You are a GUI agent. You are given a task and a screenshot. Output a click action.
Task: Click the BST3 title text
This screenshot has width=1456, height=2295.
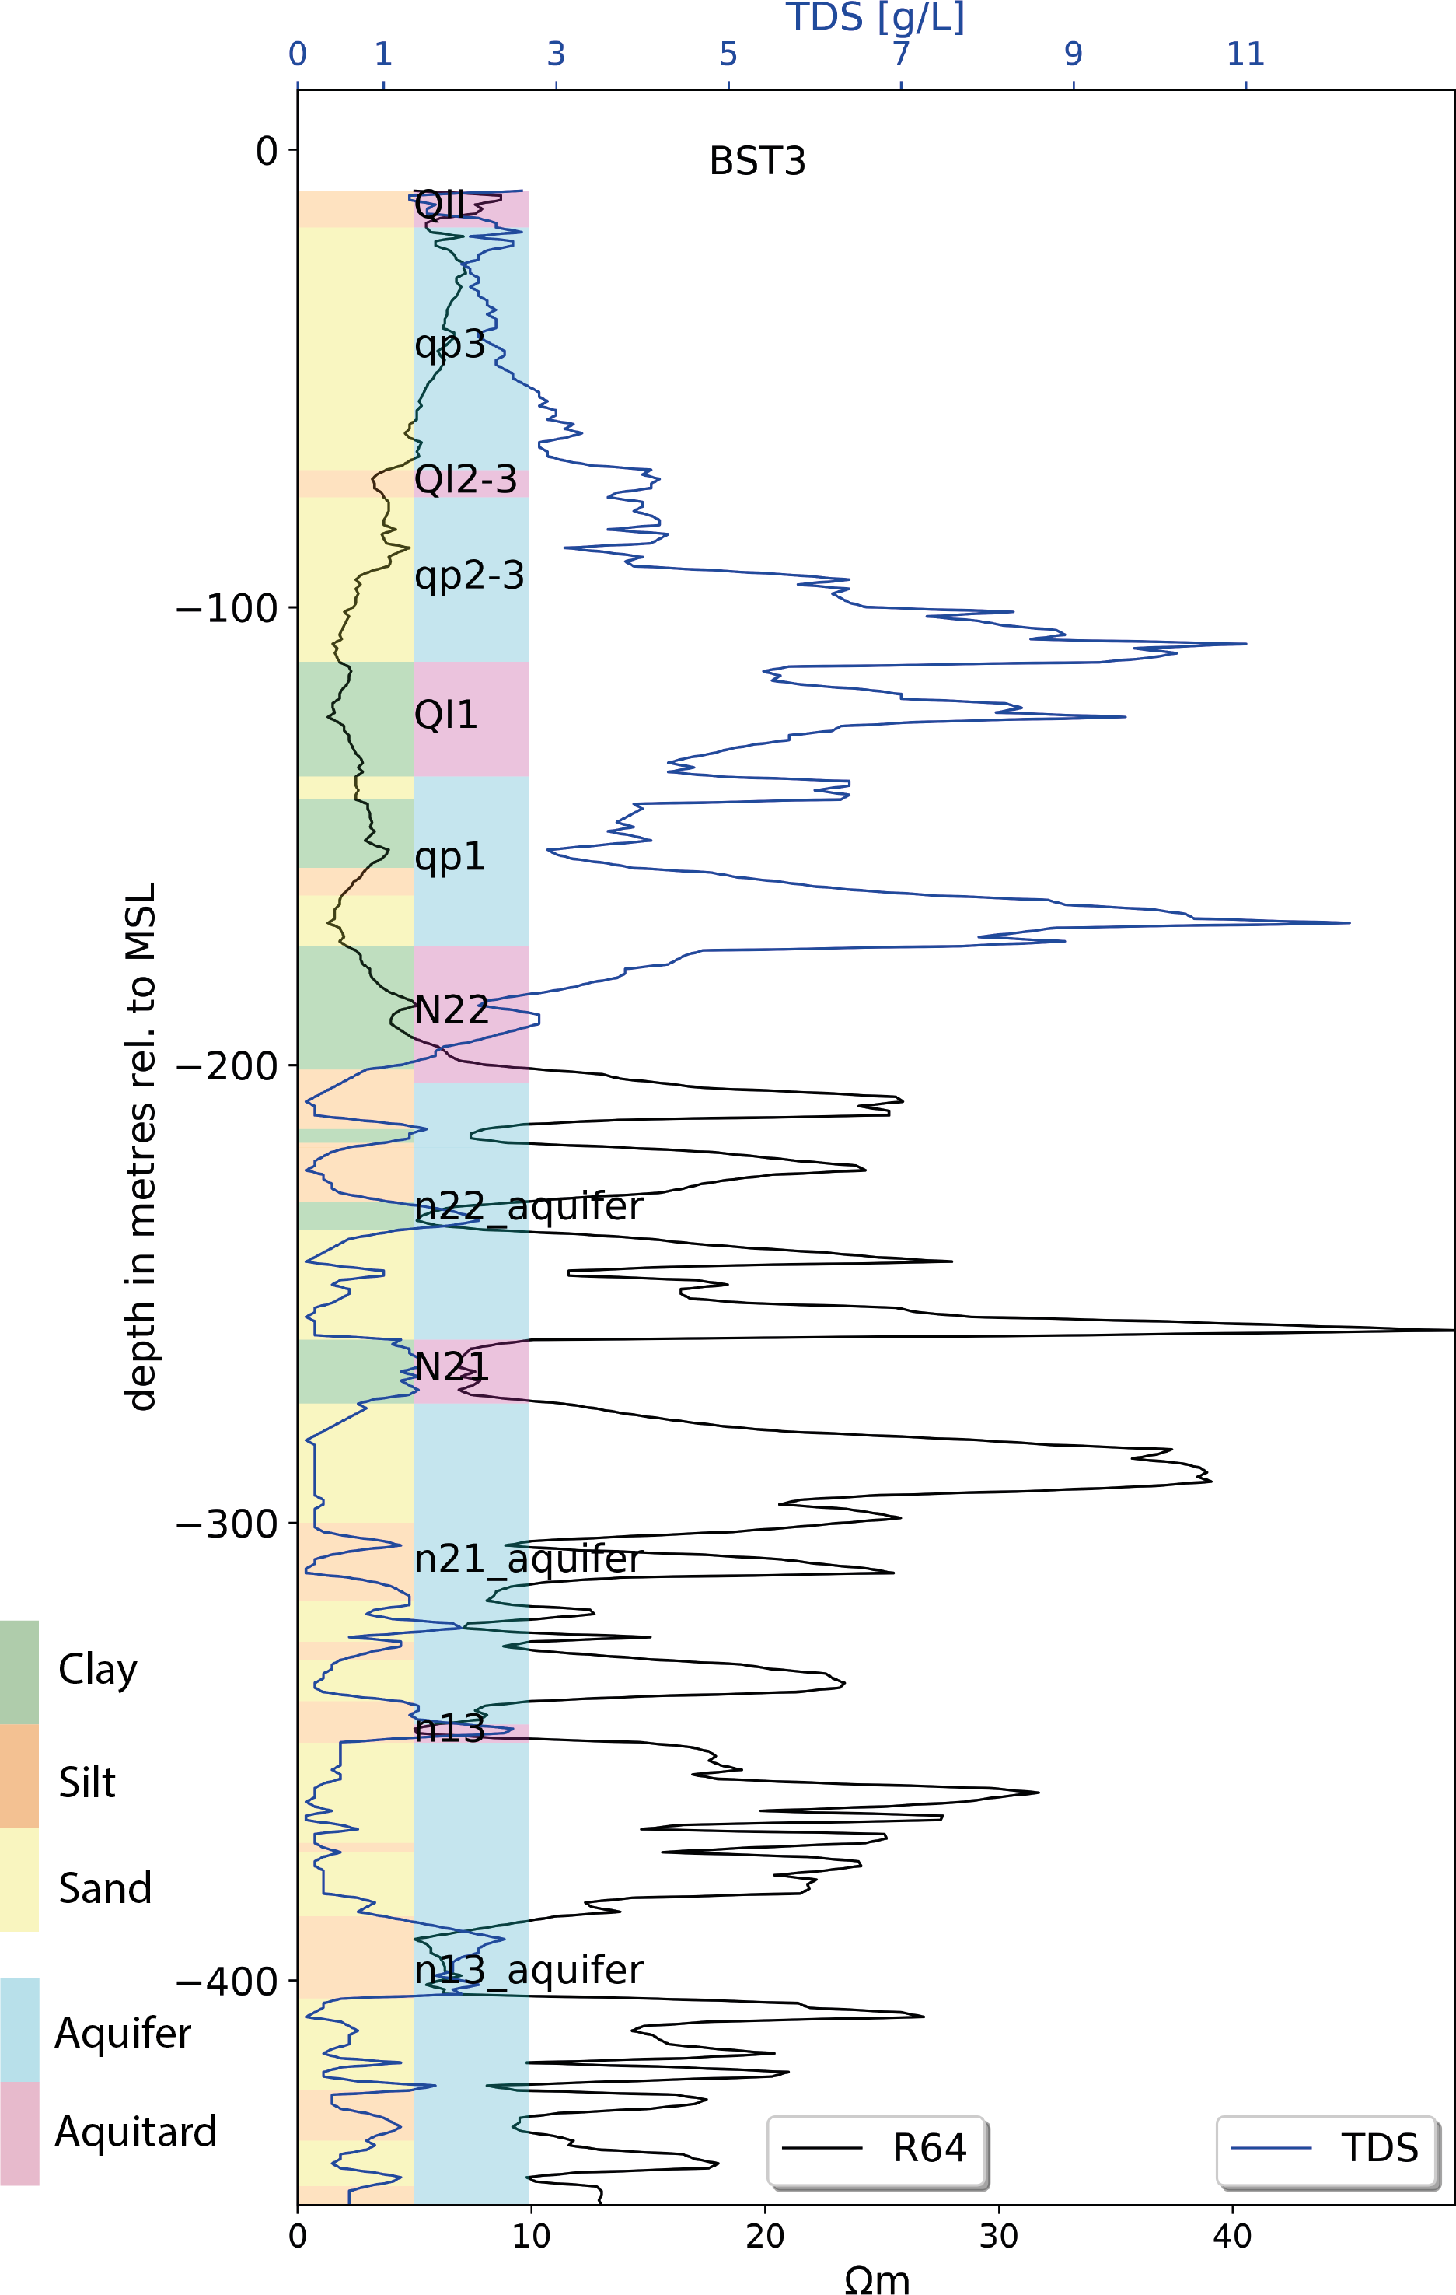[x=756, y=161]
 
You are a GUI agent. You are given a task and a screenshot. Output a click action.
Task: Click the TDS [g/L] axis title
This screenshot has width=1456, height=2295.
[x=875, y=17]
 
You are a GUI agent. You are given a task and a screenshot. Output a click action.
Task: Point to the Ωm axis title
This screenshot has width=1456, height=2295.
[x=877, y=2279]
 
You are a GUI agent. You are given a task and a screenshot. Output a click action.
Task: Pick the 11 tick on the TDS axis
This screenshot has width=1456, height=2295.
[x=1245, y=54]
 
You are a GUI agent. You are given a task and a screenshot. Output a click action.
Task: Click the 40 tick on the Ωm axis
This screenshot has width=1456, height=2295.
[x=1231, y=2235]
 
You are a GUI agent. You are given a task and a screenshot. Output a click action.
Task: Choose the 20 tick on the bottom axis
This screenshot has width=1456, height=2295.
[x=764, y=2235]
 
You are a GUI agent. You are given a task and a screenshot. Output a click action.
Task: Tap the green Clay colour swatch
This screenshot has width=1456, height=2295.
[x=19, y=1673]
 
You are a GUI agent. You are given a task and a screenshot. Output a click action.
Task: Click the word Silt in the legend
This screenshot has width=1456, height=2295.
[x=87, y=1782]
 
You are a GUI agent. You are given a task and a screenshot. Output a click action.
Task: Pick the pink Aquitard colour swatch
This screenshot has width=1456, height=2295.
[x=19, y=2133]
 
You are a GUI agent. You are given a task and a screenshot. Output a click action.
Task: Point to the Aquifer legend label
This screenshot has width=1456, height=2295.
[x=123, y=2034]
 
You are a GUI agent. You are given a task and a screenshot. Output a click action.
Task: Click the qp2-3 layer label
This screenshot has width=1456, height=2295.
[x=469, y=575]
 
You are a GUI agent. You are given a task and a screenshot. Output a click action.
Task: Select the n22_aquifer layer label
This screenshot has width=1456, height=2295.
[x=529, y=1206]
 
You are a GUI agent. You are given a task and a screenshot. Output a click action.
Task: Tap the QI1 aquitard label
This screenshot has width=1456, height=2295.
[x=445, y=715]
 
